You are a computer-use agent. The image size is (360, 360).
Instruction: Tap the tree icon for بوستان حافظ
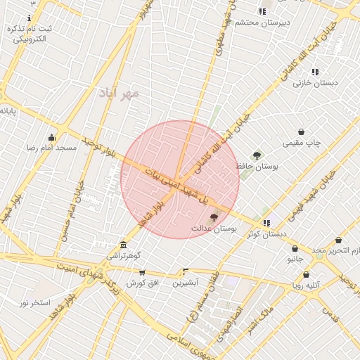[257, 156]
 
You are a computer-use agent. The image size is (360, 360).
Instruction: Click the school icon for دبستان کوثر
[266, 223]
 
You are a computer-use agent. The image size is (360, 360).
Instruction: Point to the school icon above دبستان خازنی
[315, 72]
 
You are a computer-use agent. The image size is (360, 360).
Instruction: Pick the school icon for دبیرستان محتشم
[262, 11]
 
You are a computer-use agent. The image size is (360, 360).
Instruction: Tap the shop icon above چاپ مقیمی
[302, 131]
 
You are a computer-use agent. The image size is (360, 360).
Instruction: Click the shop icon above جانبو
[295, 248]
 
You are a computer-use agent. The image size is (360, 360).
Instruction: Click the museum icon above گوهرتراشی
[124, 245]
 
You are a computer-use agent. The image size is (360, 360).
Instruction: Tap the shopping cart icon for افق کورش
[142, 272]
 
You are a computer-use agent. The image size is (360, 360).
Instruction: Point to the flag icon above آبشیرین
[186, 271]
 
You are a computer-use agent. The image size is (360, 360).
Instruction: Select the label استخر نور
[35, 303]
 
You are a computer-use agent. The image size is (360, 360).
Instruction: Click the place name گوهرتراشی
[124, 257]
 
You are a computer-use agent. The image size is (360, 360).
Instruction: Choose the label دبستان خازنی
[315, 83]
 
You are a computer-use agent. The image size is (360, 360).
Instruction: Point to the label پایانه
[8, 110]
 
